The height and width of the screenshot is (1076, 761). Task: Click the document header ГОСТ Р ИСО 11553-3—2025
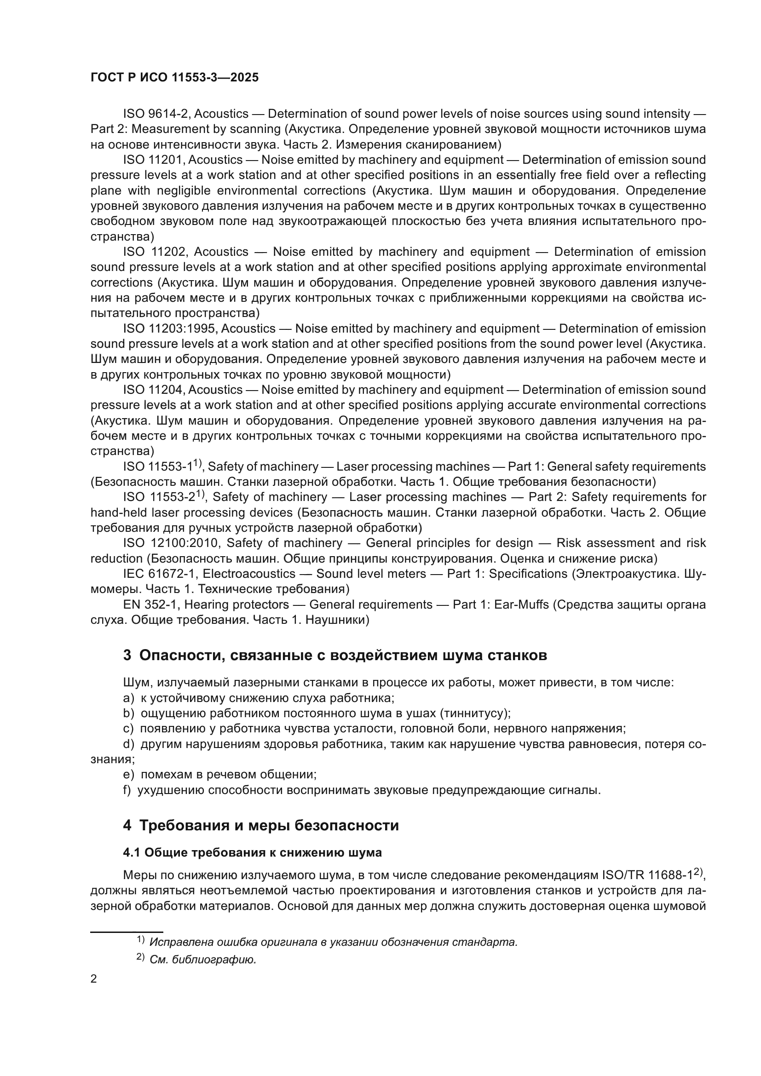(x=174, y=77)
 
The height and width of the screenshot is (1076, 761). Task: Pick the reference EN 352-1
(x=150, y=605)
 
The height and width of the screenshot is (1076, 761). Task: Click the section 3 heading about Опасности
(x=334, y=655)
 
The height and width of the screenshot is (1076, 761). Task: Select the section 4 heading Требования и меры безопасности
(x=260, y=825)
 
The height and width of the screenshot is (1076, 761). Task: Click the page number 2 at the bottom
(x=94, y=979)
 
